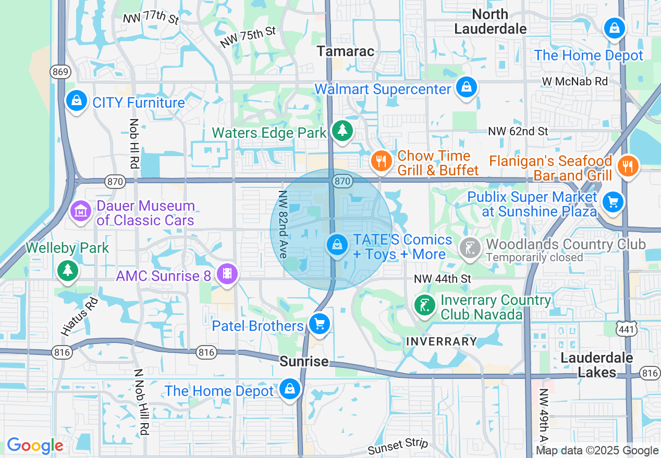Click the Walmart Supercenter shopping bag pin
point(466,87)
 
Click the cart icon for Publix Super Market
point(613,202)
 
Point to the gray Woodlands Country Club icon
point(470,248)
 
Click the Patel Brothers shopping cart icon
point(319,324)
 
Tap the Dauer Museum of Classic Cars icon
point(81,211)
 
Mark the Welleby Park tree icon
point(68,270)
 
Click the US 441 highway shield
point(626,328)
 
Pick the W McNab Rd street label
point(575,81)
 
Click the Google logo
point(35,446)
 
